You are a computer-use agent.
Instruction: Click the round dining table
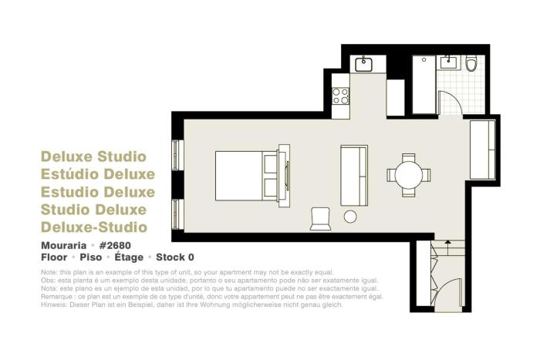[410, 175]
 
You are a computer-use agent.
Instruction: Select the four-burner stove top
[340, 96]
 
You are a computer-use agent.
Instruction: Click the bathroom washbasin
[448, 62]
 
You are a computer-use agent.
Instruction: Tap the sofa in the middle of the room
[354, 174]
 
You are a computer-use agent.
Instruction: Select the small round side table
[350, 217]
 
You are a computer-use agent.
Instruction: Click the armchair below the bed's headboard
[320, 218]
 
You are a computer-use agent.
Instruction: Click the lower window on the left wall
[177, 214]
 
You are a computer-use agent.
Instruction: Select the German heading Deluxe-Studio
[93, 227]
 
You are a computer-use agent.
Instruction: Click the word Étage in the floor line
[131, 257]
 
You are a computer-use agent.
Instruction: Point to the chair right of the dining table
[430, 175]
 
